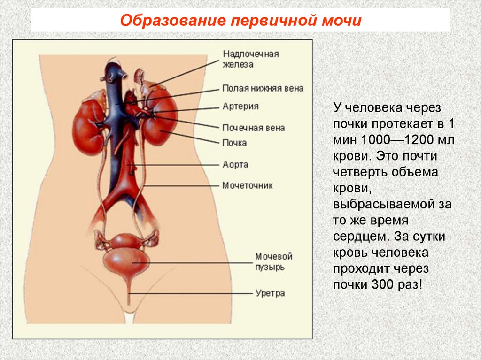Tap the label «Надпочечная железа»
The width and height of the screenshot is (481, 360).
pyautogui.click(x=250, y=59)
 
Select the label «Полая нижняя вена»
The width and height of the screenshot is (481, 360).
pyautogui.click(x=263, y=88)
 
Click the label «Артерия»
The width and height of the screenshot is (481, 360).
pyautogui.click(x=240, y=107)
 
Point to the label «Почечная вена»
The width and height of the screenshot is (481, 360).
pyautogui.click(x=253, y=127)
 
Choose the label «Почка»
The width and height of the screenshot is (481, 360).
pyautogui.click(x=234, y=142)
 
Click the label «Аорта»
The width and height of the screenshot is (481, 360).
pyautogui.click(x=235, y=165)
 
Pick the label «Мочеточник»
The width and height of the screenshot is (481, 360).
pyautogui.click(x=248, y=185)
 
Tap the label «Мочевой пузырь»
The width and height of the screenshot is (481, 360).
pyautogui.click(x=274, y=262)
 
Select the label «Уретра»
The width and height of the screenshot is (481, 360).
pyautogui.click(x=270, y=293)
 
